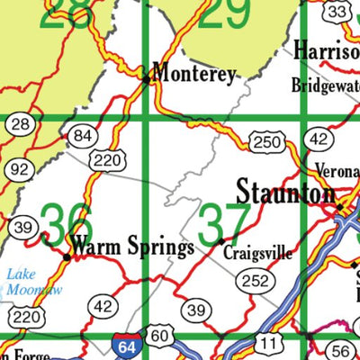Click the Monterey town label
click(194, 74)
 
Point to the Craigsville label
click(258, 253)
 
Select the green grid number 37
click(220, 221)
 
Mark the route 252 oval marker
click(255, 282)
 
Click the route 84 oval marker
click(83, 136)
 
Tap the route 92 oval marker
click(18, 169)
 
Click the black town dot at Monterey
click(148, 79)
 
